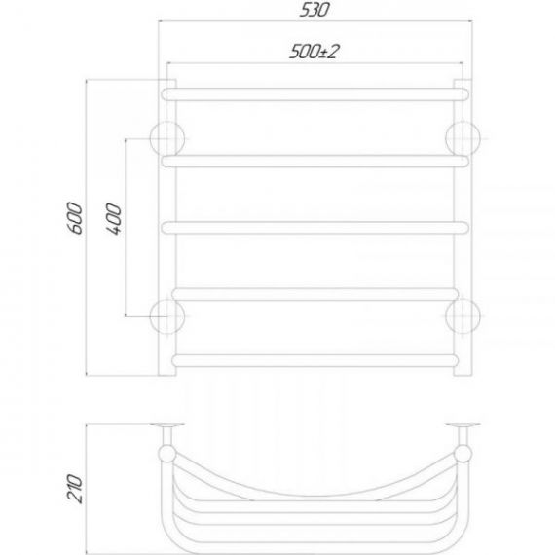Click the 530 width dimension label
tap(314, 10)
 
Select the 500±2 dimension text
tap(314, 52)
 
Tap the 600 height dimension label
tap(75, 218)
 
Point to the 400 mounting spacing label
tap(113, 219)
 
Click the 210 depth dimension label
tap(75, 489)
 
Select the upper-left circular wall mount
tap(167, 138)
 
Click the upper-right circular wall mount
tap(462, 138)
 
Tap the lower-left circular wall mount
tap(167, 316)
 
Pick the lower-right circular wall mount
tap(462, 316)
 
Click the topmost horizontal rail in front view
tap(315, 94)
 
